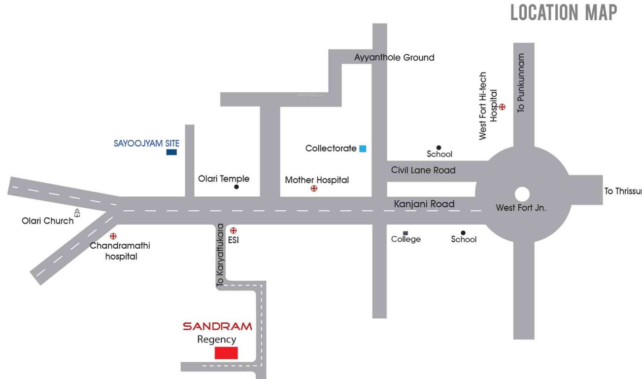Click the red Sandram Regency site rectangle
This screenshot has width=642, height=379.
pos(226,353)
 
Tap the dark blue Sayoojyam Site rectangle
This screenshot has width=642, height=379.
pos(171,152)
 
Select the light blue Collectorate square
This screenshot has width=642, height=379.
pos(363,148)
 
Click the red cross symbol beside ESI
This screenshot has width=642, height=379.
pos(234,230)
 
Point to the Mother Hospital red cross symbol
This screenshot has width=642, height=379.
pos(314,189)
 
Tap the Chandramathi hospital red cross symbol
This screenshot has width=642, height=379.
pos(113,236)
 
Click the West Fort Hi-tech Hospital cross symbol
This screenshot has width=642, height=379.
pos(502,107)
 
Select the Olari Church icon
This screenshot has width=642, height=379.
pos(77,213)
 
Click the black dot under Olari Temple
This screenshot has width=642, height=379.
pos(237,187)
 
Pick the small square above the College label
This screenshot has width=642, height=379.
pos(405,232)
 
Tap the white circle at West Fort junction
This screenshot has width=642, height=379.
pos(522,194)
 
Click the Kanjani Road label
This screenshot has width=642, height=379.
pos(424,204)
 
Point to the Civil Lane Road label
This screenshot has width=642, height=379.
pos(423,170)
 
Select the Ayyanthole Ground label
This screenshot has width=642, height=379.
pos(394,57)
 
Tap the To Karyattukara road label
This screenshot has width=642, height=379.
pos(220,255)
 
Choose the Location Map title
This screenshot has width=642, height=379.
pos(563,13)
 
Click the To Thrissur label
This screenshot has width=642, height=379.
pos(623,191)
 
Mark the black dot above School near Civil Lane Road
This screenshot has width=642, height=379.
pos(439,148)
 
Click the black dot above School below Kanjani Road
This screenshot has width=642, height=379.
pos(463,233)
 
